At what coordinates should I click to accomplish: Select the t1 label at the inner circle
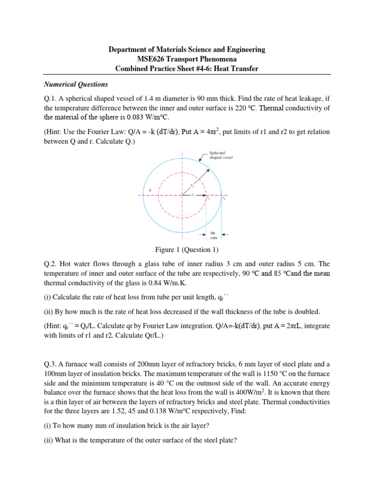(208, 199)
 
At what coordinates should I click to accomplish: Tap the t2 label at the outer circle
(224, 199)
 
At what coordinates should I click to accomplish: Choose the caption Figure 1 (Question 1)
(187, 250)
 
